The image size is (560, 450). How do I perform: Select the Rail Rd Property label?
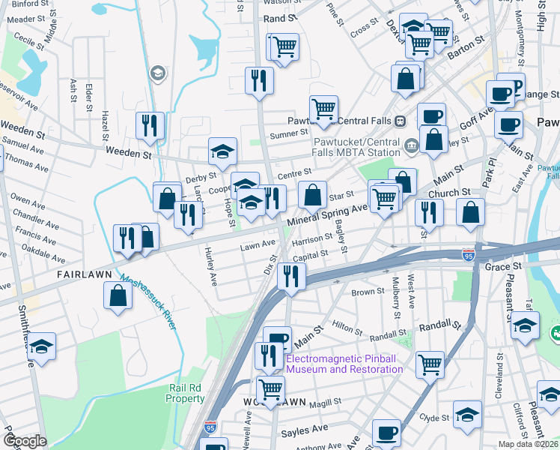coord(185,392)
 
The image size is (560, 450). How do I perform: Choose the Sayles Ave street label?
coord(304,430)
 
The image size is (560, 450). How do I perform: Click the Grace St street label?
coord(502,267)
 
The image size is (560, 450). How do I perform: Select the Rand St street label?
coord(281,17)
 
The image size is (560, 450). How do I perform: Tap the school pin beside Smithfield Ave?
coord(42,346)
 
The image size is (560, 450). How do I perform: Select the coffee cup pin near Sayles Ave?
coord(386,433)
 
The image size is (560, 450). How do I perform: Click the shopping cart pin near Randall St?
coord(430,365)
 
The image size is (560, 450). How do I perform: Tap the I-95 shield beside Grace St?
coord(469,256)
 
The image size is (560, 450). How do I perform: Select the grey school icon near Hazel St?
coord(157,73)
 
